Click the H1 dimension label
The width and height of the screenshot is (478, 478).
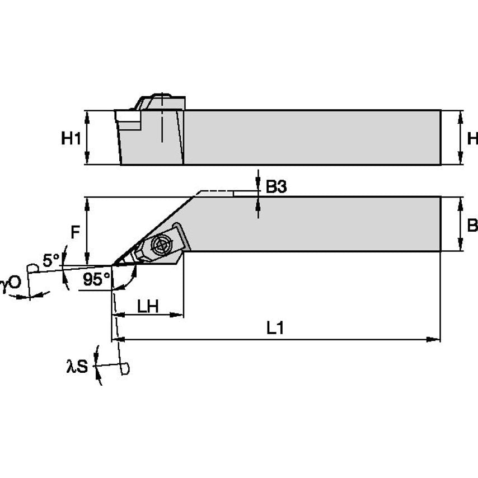[x=71, y=138]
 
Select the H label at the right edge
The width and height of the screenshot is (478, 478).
[x=472, y=138]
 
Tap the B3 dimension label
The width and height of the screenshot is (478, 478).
[x=276, y=188]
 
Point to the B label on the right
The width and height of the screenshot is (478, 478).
[x=472, y=225]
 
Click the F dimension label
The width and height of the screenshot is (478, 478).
[x=74, y=231]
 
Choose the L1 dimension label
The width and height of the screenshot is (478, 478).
[x=274, y=329]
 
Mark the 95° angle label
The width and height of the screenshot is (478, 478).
[x=96, y=279]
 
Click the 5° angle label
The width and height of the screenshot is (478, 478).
[x=51, y=260]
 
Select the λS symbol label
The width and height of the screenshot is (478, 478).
[x=77, y=367]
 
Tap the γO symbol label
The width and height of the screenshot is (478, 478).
[x=10, y=284]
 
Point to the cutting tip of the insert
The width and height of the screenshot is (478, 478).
[x=114, y=264]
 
